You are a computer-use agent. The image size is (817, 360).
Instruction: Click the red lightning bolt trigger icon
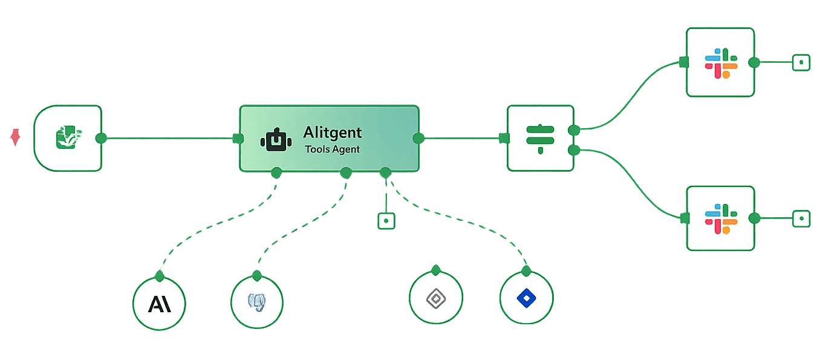(x=15, y=137)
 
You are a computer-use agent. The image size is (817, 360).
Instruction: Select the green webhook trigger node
(x=68, y=137)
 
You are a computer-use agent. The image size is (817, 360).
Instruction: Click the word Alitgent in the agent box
(x=333, y=133)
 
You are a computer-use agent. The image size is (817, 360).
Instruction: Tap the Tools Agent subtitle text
(x=332, y=149)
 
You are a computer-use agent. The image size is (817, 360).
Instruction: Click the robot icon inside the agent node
(x=276, y=140)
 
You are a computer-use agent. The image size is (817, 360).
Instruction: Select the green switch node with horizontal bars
(x=540, y=138)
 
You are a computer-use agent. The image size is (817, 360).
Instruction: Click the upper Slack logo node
(x=720, y=62)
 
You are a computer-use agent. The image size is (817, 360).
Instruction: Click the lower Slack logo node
(x=720, y=218)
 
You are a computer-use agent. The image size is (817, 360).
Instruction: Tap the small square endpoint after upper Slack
(x=801, y=62)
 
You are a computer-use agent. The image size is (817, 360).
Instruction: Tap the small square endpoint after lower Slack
(x=801, y=218)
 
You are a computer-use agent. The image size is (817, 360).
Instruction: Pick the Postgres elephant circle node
(x=257, y=302)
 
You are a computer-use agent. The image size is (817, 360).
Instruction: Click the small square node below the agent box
(x=386, y=221)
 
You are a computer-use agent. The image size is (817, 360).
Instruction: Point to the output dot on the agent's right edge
(x=418, y=139)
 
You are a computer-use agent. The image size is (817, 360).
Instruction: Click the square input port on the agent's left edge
(x=237, y=139)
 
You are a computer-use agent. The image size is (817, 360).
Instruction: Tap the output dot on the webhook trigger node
(x=102, y=138)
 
